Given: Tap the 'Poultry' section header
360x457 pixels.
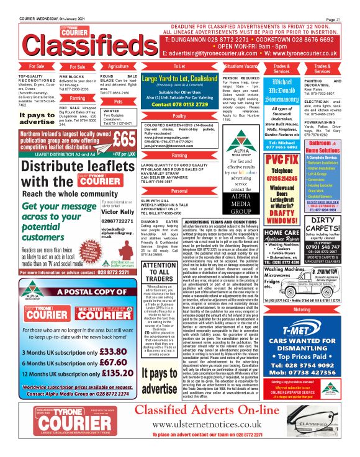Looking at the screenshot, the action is pyautogui.click(x=179, y=116).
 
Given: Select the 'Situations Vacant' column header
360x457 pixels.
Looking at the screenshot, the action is pyautogui.click(x=241, y=65).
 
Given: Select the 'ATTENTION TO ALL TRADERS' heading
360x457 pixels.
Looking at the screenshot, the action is pyautogui.click(x=159, y=272).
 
